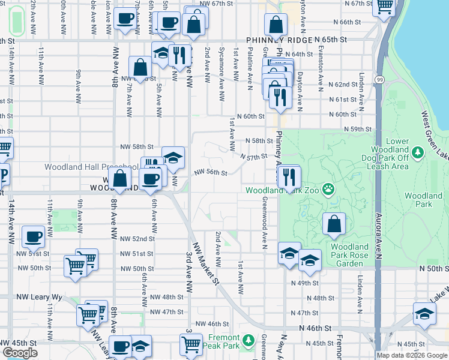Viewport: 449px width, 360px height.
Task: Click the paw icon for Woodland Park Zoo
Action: tap(328, 191)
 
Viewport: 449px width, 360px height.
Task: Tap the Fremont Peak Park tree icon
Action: tap(249, 342)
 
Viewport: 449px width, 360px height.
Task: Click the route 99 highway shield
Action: tap(379, 79)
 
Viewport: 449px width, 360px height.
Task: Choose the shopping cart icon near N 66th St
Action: tap(384, 8)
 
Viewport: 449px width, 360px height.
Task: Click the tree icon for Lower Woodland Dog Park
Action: tap(417, 153)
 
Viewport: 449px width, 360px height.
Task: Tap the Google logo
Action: tap(20, 353)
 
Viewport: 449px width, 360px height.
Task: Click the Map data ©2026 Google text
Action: tap(411, 355)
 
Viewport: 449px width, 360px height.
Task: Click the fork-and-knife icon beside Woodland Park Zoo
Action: tap(289, 178)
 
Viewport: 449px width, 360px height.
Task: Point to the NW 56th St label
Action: tap(210, 173)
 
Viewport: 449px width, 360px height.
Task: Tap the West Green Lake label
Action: tap(433, 133)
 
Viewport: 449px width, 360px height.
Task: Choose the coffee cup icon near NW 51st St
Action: tap(34, 237)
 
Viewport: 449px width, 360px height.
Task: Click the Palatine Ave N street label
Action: tap(249, 65)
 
